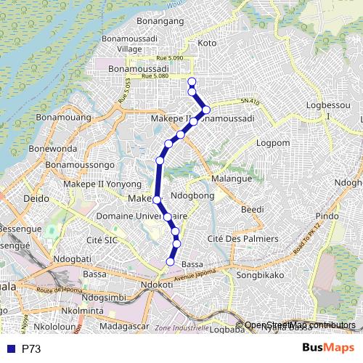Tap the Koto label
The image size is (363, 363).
[207, 44]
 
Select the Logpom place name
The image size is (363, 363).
[273, 142]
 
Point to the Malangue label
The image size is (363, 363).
[232, 178]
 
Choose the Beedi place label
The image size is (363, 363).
[252, 209]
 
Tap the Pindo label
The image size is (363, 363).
[327, 216]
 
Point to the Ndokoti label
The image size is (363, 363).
[157, 285]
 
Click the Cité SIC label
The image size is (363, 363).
[102, 240]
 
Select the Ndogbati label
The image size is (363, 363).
[71, 258]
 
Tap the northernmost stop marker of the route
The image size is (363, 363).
[192, 81]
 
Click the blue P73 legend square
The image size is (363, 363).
[11, 349]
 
